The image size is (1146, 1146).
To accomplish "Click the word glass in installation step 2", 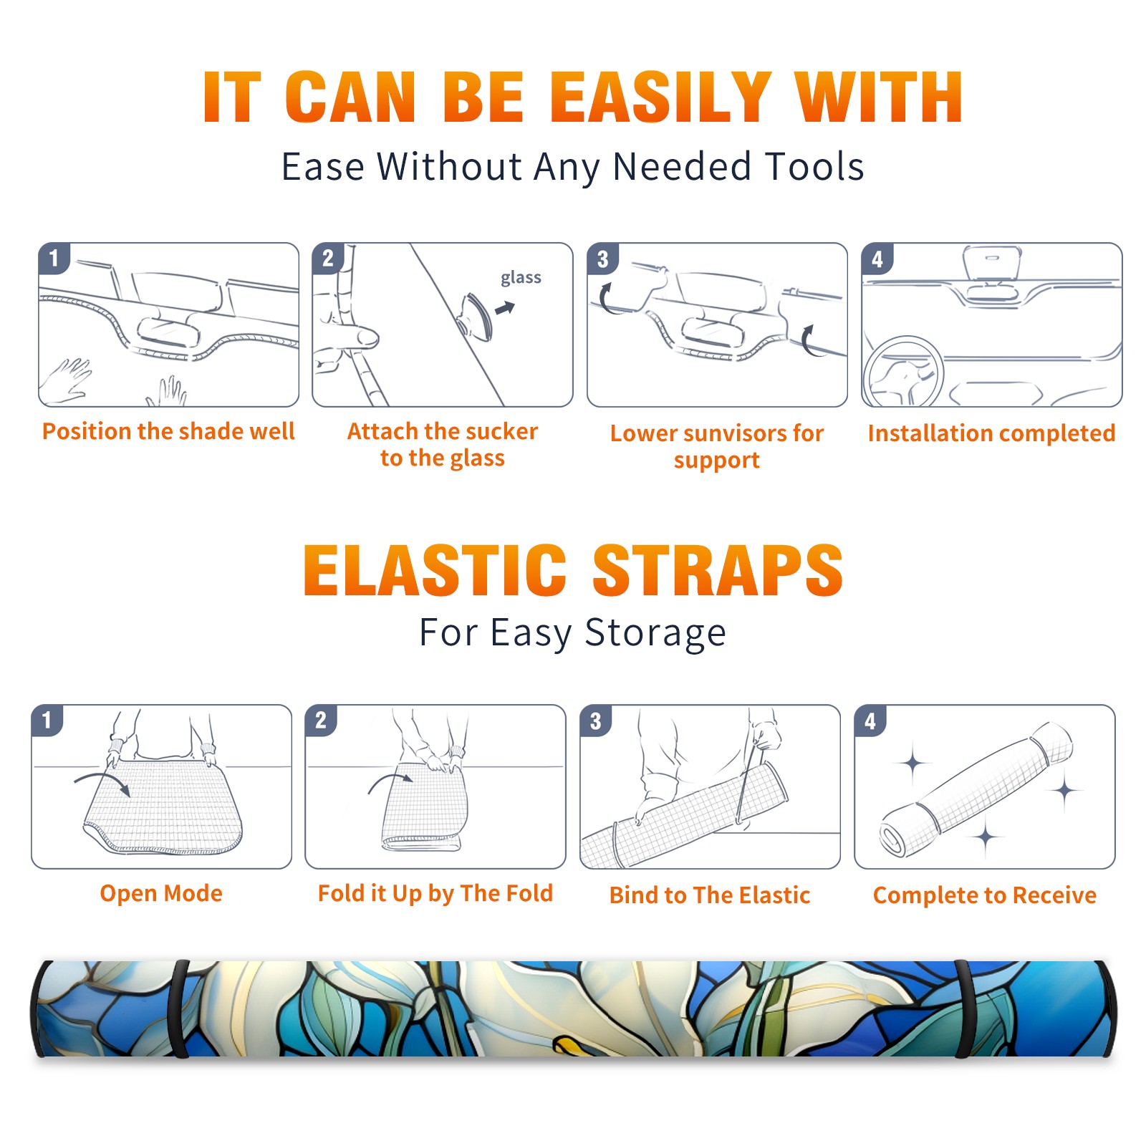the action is tap(521, 278).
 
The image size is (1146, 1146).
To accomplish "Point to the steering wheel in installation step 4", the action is tap(903, 371).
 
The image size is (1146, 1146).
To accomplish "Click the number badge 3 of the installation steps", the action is tap(602, 259).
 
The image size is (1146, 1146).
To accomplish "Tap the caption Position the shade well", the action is tap(168, 431).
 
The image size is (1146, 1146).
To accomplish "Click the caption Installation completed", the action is tap(991, 433).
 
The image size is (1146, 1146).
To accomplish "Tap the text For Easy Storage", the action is tap(572, 633).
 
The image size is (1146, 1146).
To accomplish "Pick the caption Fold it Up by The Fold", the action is tap(435, 893).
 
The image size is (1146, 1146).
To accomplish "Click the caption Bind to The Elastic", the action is tap(710, 895).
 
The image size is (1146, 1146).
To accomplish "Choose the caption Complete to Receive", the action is tap(985, 895).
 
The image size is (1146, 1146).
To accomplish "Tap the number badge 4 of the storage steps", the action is tap(870, 721).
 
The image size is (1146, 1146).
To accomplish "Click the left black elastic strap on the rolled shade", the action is tap(178, 1009).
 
